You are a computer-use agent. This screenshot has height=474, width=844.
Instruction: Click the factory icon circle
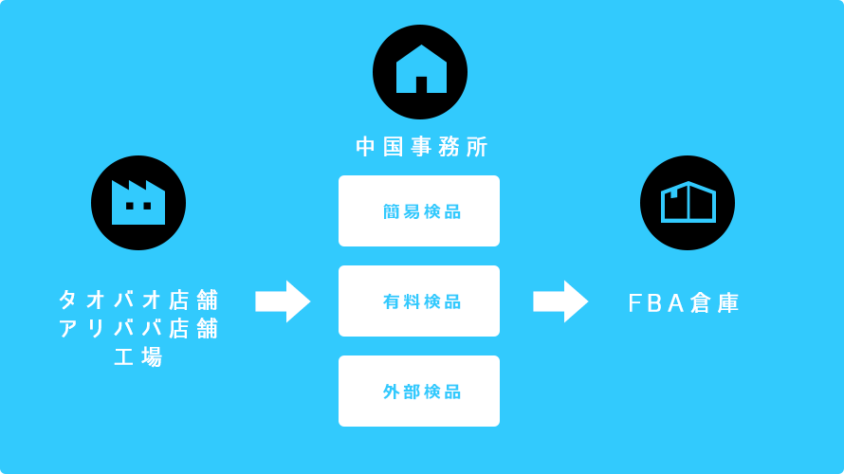click(138, 203)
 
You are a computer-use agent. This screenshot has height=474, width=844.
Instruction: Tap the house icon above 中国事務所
click(420, 72)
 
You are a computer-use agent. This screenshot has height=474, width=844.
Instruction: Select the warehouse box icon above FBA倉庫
click(688, 203)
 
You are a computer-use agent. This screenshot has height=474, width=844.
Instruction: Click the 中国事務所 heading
click(421, 147)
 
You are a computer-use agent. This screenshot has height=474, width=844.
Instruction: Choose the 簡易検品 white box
click(419, 211)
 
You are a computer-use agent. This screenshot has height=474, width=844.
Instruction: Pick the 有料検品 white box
click(419, 301)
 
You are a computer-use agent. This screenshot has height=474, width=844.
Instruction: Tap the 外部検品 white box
click(419, 392)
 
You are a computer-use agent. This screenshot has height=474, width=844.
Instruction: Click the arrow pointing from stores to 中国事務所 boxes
click(283, 301)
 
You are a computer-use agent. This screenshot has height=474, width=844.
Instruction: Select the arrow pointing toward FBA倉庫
click(560, 301)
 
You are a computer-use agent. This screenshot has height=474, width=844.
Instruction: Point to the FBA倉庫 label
click(684, 303)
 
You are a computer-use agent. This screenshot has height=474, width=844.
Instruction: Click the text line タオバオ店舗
click(138, 300)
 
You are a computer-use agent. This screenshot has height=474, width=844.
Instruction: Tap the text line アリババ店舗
click(138, 328)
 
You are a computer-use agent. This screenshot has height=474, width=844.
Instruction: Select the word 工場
click(138, 357)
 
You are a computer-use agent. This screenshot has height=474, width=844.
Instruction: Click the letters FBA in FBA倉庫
click(656, 303)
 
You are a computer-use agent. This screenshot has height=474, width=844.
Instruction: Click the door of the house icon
click(421, 84)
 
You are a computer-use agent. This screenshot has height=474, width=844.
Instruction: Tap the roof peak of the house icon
click(421, 46)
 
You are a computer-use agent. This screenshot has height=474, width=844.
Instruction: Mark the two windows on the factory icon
click(138, 206)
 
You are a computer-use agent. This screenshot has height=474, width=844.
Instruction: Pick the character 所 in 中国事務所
click(477, 147)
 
